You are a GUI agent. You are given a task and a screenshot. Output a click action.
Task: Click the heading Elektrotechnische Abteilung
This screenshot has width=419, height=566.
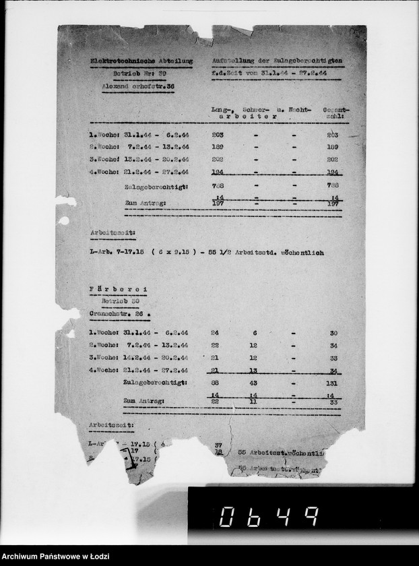click(141, 61)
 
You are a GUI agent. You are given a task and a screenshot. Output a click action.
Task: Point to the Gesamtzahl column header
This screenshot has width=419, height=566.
click(334, 112)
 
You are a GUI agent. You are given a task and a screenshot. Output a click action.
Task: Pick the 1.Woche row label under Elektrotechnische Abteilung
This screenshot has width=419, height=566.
click(104, 134)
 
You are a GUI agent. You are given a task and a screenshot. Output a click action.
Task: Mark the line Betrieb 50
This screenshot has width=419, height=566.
click(120, 301)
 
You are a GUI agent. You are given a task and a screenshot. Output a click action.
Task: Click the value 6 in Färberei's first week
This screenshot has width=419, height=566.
click(254, 333)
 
